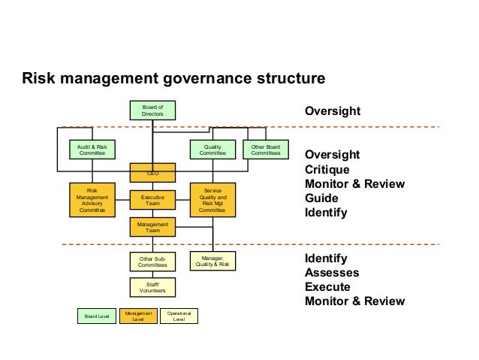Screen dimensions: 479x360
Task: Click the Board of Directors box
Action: (x=152, y=110)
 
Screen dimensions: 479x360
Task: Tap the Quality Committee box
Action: (x=212, y=150)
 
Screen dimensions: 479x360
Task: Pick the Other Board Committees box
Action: (x=266, y=150)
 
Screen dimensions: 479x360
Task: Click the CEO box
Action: (x=152, y=173)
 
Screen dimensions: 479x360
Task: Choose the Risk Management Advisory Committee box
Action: (x=92, y=200)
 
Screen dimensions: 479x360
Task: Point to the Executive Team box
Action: (x=152, y=200)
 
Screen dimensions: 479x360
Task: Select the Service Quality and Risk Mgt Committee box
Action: (x=212, y=200)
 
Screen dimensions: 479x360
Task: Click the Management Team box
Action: (x=152, y=227)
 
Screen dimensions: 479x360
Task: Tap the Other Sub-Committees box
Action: (x=152, y=261)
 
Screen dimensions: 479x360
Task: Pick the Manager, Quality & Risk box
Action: (x=212, y=261)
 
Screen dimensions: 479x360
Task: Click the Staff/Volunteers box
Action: (x=152, y=287)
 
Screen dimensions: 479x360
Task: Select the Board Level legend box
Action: (x=96, y=316)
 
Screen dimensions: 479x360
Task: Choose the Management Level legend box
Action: (x=137, y=316)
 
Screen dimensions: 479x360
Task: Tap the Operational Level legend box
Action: (x=179, y=316)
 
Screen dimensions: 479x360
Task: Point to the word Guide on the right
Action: (x=321, y=198)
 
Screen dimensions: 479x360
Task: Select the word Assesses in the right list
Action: (x=332, y=273)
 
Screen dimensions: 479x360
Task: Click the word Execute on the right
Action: (x=327, y=287)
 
